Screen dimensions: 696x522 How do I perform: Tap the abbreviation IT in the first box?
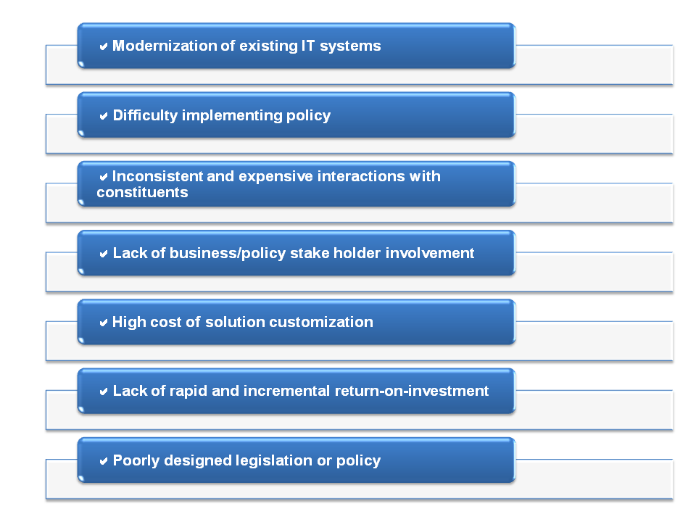308,46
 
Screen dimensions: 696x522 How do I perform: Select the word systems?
350,46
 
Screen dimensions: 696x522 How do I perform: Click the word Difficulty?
146,115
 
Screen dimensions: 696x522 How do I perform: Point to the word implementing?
232,116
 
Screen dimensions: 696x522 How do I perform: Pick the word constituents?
143,192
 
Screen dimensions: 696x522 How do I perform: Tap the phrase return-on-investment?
412,391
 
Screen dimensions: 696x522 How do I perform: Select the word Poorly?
136,461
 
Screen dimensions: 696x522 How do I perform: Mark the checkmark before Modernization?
104,46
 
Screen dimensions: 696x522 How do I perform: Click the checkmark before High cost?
104,323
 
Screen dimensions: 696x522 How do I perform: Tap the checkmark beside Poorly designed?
104,461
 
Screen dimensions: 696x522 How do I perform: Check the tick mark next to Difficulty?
104,116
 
